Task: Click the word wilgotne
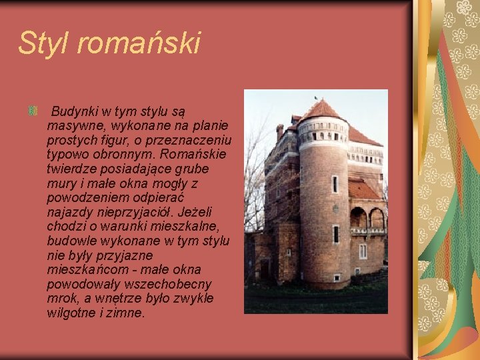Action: (72, 312)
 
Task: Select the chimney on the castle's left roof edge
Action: (280, 131)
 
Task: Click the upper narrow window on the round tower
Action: (335, 183)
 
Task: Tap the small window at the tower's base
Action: (337, 277)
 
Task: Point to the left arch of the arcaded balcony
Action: (357, 217)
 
